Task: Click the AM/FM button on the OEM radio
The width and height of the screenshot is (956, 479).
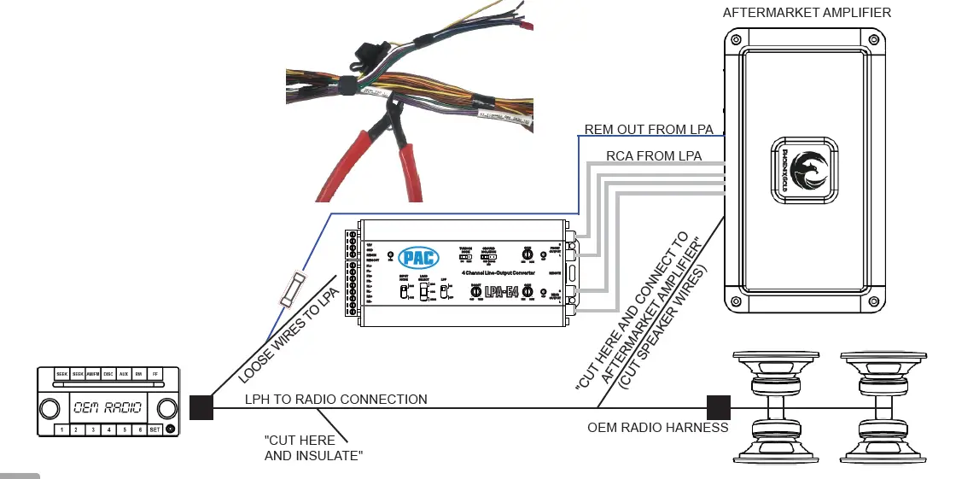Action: pos(92,374)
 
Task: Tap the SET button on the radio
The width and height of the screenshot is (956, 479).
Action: pos(154,429)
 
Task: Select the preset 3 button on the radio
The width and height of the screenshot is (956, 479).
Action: pos(93,429)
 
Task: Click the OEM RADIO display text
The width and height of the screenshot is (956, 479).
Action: pos(108,407)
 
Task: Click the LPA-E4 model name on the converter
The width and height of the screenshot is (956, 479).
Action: pos(501,292)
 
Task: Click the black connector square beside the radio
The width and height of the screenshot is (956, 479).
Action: pos(201,407)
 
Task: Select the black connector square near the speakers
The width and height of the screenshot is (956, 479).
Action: pos(718,407)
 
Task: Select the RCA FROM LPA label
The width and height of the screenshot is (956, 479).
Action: pos(654,156)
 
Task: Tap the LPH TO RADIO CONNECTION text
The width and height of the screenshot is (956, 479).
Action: pos(335,399)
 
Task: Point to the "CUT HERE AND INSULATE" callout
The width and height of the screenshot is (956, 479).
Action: pos(313,448)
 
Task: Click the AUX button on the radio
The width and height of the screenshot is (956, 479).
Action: pos(123,374)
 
